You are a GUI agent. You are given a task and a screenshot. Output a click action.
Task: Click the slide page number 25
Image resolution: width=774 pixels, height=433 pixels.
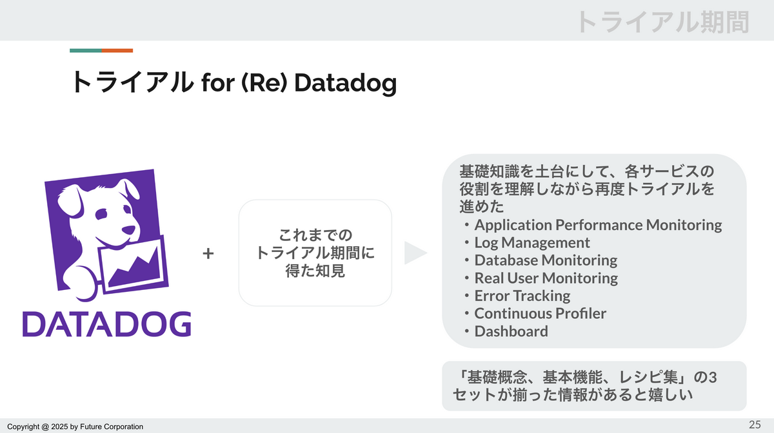[x=755, y=425]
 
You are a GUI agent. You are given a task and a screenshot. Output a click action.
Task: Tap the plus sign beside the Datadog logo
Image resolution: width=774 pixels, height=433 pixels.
[x=208, y=253]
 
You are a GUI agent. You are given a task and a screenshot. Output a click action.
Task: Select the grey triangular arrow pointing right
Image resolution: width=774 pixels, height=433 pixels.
[x=415, y=253]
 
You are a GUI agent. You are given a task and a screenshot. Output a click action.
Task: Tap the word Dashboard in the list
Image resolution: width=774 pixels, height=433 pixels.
[x=511, y=331]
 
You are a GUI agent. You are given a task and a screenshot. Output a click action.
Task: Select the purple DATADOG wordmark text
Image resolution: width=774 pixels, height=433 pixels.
[x=107, y=324]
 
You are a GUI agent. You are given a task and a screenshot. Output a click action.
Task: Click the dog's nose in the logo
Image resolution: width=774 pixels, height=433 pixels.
[x=128, y=230]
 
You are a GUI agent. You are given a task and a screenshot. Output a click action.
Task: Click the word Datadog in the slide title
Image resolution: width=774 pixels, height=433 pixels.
[x=345, y=83]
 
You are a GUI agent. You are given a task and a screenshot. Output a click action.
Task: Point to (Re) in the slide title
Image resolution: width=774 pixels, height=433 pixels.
[x=264, y=83]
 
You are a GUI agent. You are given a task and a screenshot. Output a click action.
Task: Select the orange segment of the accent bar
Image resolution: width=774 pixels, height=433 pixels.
[x=117, y=51]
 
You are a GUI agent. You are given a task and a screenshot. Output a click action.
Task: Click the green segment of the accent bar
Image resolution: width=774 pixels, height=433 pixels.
[x=86, y=51]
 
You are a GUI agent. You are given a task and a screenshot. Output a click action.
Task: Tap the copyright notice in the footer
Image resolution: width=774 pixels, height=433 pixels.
[x=75, y=427]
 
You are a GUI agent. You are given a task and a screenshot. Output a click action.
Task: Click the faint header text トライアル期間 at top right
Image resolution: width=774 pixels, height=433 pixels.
[x=664, y=22]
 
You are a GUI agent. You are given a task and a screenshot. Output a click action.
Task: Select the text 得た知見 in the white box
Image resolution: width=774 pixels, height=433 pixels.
[x=315, y=271]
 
